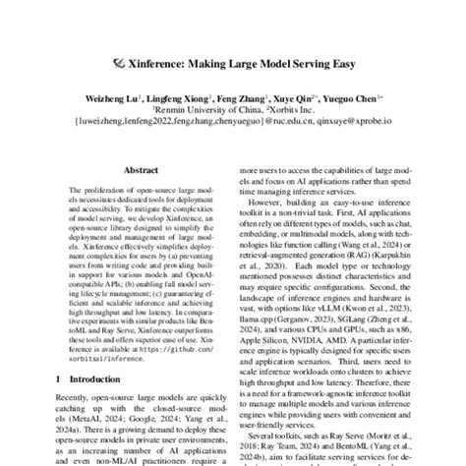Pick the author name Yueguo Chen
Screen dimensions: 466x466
tap(347, 98)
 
